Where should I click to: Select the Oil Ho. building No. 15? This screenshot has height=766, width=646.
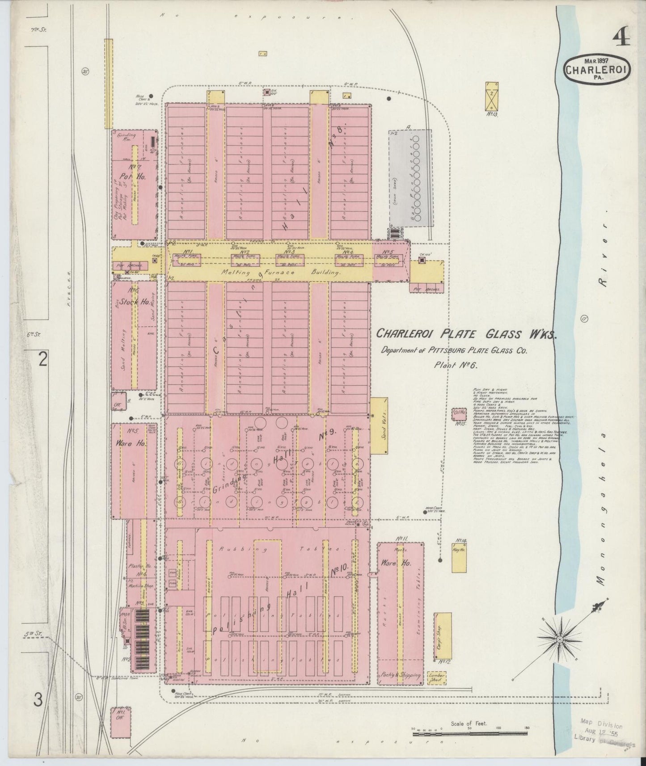[x=459, y=413]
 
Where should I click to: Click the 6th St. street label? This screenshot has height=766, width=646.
[x=33, y=333]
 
